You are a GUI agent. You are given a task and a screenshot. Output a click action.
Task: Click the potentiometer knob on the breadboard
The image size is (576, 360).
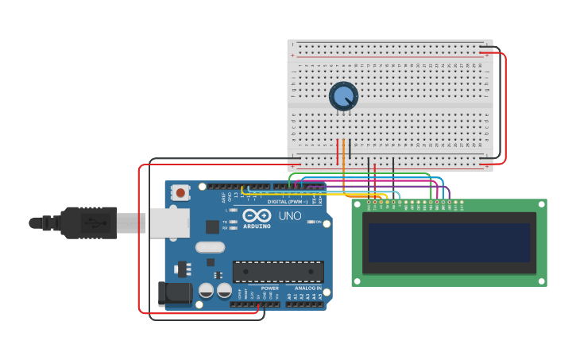[343, 96]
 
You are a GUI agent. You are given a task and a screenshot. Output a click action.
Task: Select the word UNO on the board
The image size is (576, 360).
[289, 215]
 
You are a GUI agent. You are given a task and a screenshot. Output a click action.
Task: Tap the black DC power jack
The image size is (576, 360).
[174, 293]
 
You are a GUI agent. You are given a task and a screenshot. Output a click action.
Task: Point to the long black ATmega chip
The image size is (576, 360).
[278, 271]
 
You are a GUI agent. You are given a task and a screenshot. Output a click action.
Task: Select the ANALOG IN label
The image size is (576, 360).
[307, 288]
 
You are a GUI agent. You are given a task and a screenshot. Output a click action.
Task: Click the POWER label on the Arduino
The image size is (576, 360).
[269, 288]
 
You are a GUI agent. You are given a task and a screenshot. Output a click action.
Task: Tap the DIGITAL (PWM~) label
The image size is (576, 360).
[288, 202]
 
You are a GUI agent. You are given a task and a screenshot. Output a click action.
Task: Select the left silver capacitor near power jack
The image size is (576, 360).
[207, 291]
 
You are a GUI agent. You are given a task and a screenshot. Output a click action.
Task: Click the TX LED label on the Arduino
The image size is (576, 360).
[225, 222]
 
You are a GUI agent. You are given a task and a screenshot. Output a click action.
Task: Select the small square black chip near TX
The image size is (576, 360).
[212, 226]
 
